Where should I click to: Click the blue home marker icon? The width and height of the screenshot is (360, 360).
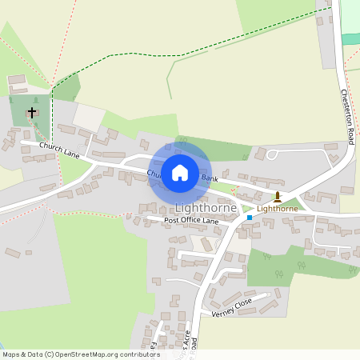click(x=180, y=172)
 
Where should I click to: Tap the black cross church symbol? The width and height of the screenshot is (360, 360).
click(x=32, y=113)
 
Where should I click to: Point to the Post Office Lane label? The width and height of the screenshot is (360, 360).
click(x=191, y=220)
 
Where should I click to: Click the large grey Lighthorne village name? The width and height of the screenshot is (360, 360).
click(x=206, y=207)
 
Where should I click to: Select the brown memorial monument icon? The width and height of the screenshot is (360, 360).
click(x=277, y=196)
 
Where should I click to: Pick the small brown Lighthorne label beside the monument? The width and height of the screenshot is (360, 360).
click(x=278, y=209)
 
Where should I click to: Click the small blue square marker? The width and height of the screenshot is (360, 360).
click(x=250, y=217)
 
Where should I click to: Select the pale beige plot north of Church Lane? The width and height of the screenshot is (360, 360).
click(x=87, y=118)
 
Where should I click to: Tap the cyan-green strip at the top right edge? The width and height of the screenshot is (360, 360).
click(x=350, y=38)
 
